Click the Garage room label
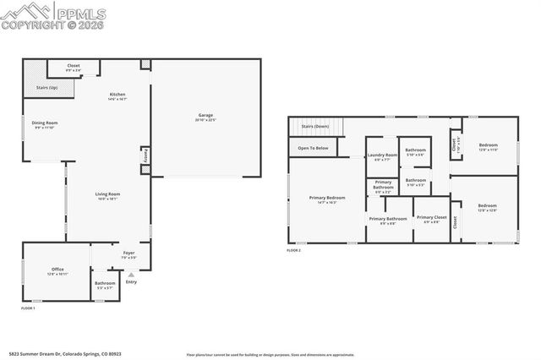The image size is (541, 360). (x=205, y=116)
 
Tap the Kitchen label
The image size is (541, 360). (x=117, y=95)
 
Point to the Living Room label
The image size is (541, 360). (x=107, y=194)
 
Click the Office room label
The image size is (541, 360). (x=57, y=270)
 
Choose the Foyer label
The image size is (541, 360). (x=128, y=253)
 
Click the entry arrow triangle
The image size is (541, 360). (x=130, y=275)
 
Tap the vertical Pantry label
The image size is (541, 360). (x=145, y=157)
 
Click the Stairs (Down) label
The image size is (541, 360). (x=315, y=126)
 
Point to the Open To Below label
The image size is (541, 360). (x=313, y=148)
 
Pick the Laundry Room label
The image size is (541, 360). (x=382, y=155)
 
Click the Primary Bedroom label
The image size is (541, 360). (x=327, y=199)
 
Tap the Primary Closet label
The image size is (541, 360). (x=431, y=218)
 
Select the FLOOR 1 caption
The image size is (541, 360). (x=28, y=308)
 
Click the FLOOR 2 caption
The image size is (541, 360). (x=293, y=250)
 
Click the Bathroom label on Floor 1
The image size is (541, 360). (x=105, y=283)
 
